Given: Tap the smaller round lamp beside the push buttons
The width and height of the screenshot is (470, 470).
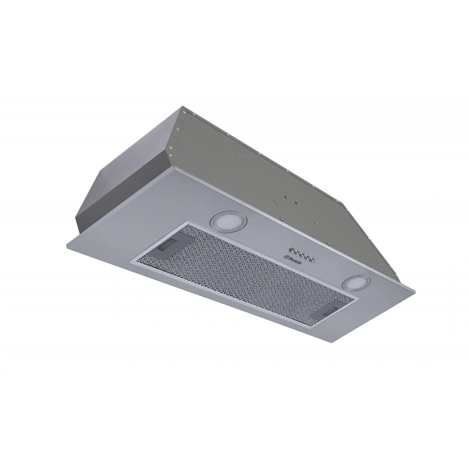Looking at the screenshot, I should (x=357, y=282).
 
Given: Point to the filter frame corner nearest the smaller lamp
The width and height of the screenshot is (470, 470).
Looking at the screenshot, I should (x=359, y=298).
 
